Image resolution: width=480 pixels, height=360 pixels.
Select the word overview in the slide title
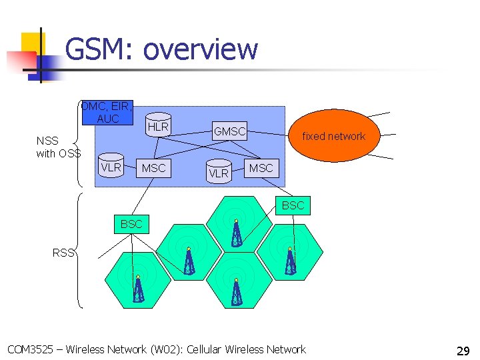pyautogui.click(x=200, y=49)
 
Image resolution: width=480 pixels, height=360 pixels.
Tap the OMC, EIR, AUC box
pyautogui.click(x=107, y=112)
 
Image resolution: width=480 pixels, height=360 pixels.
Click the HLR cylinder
pyautogui.click(x=158, y=125)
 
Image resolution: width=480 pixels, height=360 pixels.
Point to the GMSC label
pyautogui.click(x=229, y=131)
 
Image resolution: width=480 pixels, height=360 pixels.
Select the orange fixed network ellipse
pyautogui.click(x=333, y=136)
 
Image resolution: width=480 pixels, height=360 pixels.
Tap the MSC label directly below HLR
pyautogui.click(x=153, y=169)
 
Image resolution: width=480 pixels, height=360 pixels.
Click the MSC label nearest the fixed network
pyautogui.click(x=261, y=168)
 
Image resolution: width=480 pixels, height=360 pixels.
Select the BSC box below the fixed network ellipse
pyautogui.click(x=292, y=205)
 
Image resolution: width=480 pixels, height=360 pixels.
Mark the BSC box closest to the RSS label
pyautogui.click(x=131, y=224)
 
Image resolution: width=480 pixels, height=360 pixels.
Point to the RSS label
pyautogui.click(x=63, y=252)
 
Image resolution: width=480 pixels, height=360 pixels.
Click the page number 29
pyautogui.click(x=463, y=350)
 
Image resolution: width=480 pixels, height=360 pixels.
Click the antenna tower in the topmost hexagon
pyautogui.click(x=236, y=233)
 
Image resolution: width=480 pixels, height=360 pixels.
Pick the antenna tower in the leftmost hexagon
pyautogui.click(x=138, y=289)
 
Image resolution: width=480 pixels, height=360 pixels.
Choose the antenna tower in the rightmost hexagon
pyautogui.click(x=290, y=261)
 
